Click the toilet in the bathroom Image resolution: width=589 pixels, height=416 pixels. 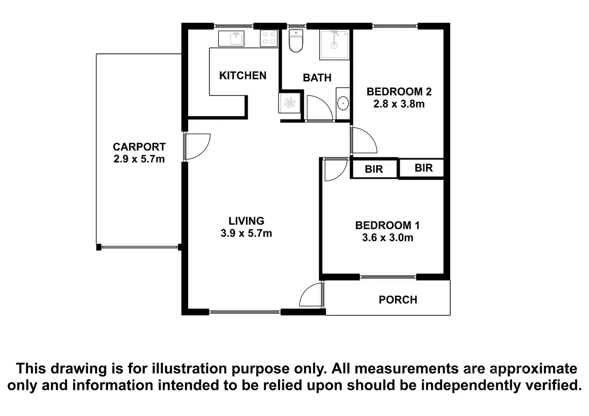(x=296, y=41)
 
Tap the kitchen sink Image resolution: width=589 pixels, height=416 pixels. (x=231, y=39)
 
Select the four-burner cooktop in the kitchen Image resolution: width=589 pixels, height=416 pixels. (x=269, y=38)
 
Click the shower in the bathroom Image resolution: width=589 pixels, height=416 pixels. (x=334, y=45)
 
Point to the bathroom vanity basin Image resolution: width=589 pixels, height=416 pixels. (x=343, y=103)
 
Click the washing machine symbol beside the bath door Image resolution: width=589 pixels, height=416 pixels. (x=289, y=102)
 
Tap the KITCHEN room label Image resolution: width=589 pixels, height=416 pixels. (x=242, y=75)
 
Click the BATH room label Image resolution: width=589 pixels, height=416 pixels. (x=317, y=78)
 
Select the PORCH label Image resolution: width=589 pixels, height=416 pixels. (x=397, y=300)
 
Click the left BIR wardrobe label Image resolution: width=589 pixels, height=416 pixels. (x=374, y=169)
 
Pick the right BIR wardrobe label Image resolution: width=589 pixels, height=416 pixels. (x=423, y=168)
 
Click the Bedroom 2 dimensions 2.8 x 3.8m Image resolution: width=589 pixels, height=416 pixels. (x=399, y=104)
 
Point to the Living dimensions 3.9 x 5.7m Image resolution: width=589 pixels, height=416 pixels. (x=246, y=233)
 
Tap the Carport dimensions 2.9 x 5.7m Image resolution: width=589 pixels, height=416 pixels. (x=139, y=159)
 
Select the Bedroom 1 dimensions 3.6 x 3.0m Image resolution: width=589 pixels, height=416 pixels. (x=387, y=238)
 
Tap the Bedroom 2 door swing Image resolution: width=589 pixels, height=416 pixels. (x=363, y=141)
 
